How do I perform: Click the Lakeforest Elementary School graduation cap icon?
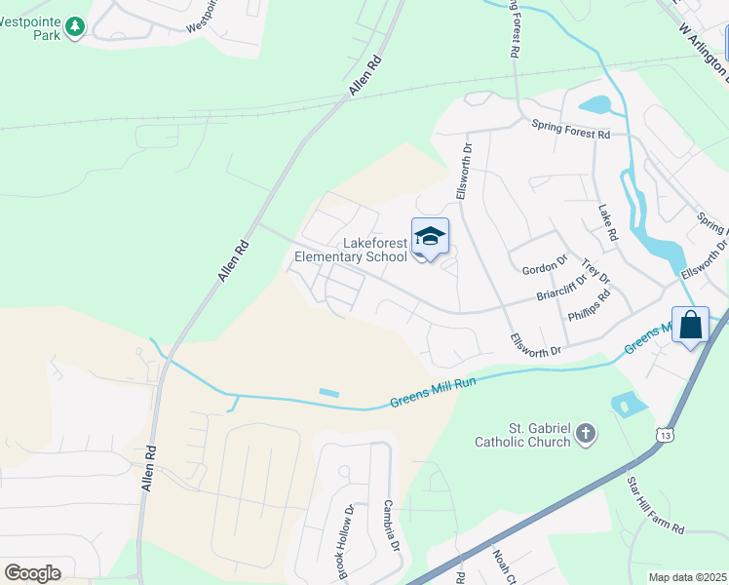coord(430,236)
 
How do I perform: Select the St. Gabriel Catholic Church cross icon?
coord(586,434)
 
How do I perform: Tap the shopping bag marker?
coord(690,326)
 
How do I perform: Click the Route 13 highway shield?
coord(664,430)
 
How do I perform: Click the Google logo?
coord(32,573)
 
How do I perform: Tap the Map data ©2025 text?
coord(688,577)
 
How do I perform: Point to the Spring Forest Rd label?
coord(570,127)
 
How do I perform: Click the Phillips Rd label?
coord(591,309)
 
